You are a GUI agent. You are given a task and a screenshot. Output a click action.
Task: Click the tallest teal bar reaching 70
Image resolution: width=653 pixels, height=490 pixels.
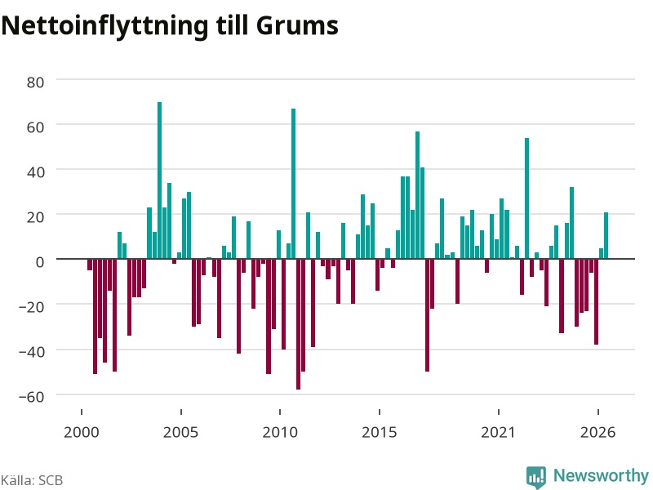[x=159, y=180]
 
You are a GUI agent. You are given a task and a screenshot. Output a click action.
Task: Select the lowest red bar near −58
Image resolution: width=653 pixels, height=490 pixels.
[x=298, y=324]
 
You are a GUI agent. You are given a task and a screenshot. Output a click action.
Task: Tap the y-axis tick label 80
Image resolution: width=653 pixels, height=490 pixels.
[x=35, y=82]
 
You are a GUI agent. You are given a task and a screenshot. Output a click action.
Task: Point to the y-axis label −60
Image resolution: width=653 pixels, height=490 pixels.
[x=32, y=397]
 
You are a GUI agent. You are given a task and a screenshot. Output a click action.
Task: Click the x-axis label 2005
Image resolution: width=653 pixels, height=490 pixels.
[x=180, y=432]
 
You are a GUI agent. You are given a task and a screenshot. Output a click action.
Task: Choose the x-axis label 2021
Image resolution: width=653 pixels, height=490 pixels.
[x=498, y=432]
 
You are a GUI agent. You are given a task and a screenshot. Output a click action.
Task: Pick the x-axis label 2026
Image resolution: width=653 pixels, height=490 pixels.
[x=597, y=432]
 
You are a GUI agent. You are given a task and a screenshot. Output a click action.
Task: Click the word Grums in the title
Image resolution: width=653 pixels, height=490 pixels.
[x=297, y=25]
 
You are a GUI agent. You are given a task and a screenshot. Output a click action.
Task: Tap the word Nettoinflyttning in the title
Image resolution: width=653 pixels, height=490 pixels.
[x=104, y=27]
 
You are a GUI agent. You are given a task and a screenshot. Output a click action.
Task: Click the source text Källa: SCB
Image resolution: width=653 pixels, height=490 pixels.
[x=32, y=480]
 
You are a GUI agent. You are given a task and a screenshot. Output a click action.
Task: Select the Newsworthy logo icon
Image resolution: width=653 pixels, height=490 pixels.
[x=536, y=477]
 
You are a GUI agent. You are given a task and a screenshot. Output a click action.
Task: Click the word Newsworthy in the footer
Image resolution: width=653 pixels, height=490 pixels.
[x=601, y=475]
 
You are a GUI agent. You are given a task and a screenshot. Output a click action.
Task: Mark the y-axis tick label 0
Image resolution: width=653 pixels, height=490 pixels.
[x=40, y=261]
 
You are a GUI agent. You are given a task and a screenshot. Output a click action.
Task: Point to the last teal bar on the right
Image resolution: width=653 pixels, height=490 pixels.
[x=606, y=235]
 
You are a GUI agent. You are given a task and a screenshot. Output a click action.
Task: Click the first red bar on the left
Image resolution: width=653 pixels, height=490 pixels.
[x=90, y=265]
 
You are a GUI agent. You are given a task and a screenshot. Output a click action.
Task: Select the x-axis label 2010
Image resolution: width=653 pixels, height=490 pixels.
[x=280, y=432]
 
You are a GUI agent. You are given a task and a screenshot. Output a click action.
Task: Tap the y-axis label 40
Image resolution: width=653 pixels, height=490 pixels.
[x=35, y=172]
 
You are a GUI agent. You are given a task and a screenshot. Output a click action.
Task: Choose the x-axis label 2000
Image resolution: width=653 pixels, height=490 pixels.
[x=81, y=432]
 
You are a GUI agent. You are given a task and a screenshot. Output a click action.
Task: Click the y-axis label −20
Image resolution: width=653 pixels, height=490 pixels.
[x=32, y=307]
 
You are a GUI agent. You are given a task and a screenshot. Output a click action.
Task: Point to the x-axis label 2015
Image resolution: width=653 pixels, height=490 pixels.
[x=379, y=432]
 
